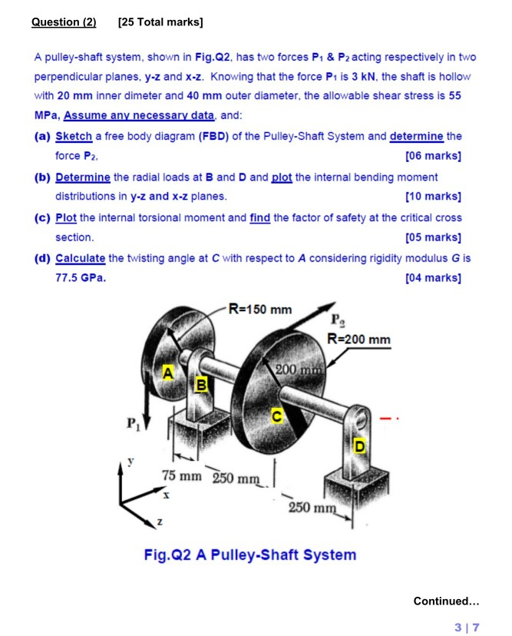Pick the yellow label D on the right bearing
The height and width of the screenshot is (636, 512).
(358, 446)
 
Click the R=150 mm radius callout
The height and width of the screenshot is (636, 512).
(262, 310)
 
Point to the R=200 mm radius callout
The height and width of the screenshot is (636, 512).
(358, 340)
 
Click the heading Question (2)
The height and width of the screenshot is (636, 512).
(64, 22)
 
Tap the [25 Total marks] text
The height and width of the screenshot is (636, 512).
(160, 22)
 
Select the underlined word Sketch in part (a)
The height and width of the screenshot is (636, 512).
(74, 136)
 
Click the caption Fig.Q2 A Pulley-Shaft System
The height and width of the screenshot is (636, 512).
(249, 554)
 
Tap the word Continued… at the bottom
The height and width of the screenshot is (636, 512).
(446, 601)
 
